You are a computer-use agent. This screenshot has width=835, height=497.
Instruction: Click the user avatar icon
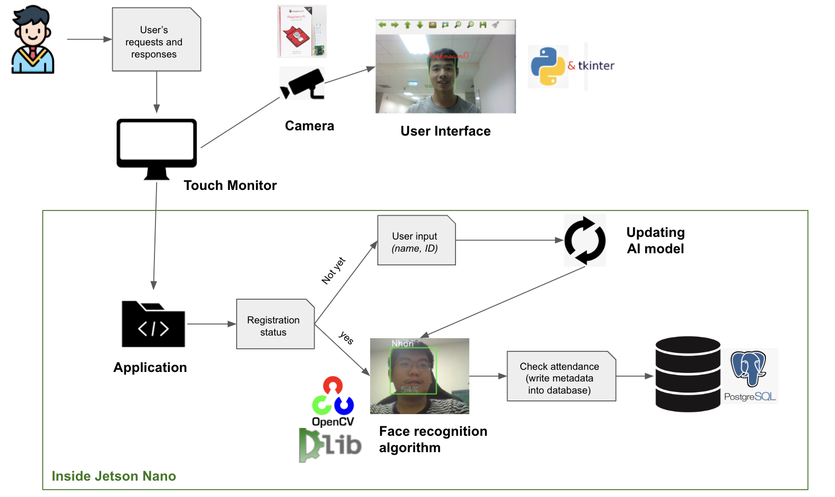(33, 40)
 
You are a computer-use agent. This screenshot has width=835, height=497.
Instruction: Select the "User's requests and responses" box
(156, 40)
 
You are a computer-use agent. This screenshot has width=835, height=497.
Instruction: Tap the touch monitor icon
(157, 148)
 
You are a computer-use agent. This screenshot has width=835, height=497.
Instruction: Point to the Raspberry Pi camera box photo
(302, 32)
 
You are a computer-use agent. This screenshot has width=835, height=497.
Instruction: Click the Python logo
(548, 66)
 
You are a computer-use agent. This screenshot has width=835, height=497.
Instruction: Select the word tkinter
(596, 66)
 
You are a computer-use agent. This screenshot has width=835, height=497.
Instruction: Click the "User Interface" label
(445, 131)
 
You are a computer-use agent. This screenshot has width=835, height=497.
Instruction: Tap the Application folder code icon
(153, 324)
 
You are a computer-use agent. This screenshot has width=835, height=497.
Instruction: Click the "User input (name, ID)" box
(416, 241)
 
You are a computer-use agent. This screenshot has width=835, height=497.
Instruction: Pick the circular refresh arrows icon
(585, 241)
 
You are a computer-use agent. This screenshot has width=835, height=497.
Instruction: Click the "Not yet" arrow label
(333, 271)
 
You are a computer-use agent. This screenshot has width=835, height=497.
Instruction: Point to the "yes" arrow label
(346, 338)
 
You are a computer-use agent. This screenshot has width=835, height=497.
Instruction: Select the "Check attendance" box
(561, 377)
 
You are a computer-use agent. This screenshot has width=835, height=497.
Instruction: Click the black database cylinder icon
(687, 374)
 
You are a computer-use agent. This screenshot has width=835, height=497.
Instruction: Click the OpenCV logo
(333, 402)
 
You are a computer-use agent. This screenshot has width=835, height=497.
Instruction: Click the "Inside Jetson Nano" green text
(114, 476)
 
